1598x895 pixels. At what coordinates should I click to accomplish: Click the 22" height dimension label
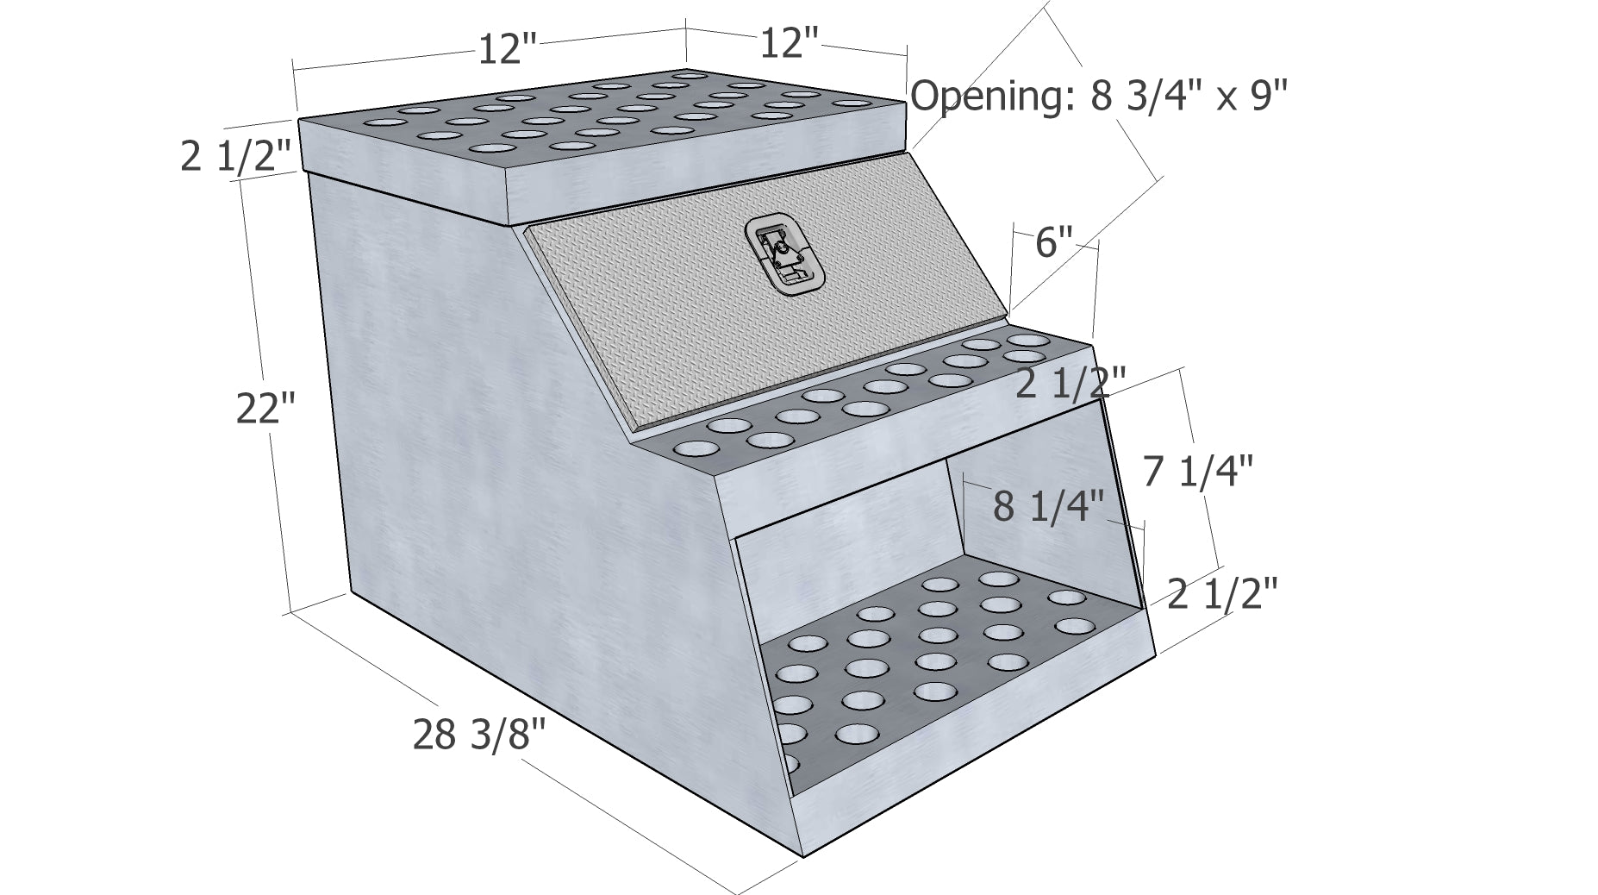[x=266, y=407]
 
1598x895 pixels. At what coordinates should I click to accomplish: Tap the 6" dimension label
[x=1054, y=242]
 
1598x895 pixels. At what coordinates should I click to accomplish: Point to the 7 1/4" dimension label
[x=1198, y=472]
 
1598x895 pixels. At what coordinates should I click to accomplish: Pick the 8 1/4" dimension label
[x=1048, y=506]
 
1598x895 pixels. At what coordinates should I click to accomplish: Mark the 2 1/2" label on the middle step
[x=1071, y=383]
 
